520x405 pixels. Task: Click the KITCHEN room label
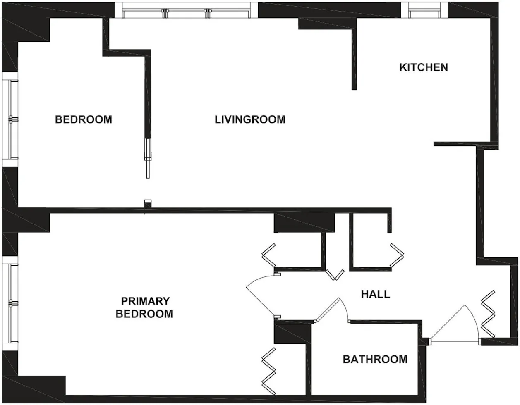[x=423, y=67]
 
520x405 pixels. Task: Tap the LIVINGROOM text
[x=250, y=119]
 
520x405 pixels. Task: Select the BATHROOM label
[x=375, y=359]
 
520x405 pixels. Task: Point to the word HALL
[x=375, y=294]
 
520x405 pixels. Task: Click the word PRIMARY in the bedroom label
[x=145, y=301]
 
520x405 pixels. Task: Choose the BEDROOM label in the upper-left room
[x=83, y=119]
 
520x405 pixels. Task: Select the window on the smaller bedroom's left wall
[x=10, y=119]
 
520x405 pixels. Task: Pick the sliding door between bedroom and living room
[x=148, y=157]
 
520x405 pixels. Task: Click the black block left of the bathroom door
[x=292, y=333]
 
